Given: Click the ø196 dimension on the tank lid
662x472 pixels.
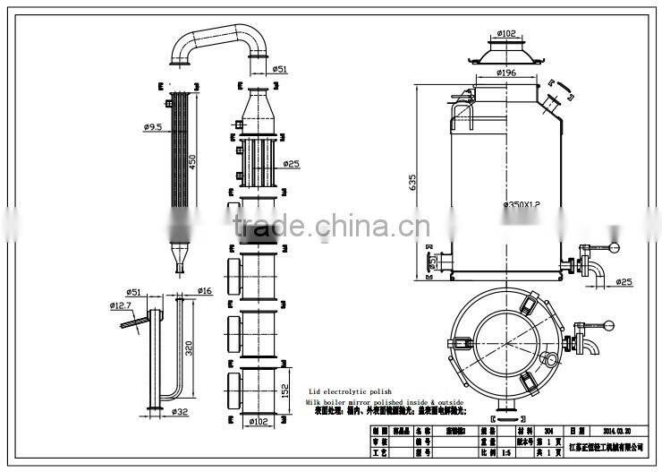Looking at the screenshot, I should coord(507,73).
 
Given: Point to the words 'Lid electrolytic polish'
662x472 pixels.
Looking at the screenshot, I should coord(351,392).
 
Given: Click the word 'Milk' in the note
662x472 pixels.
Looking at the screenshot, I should coord(317,402).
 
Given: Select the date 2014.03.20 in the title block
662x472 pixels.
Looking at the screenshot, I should coord(617,431).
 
